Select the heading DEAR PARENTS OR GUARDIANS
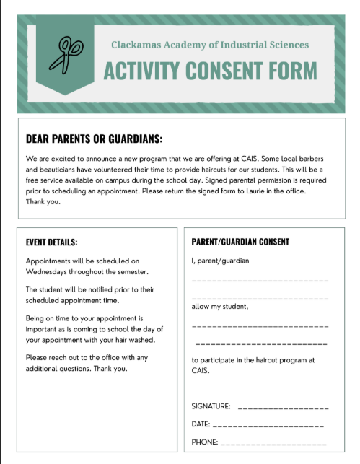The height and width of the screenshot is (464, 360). (x=94, y=139)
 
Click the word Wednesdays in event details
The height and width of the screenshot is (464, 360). (x=54, y=271)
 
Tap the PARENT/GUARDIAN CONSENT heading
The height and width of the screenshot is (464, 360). (x=240, y=242)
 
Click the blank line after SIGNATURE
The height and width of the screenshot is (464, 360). (x=283, y=408)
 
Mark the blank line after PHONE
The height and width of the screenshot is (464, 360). (x=273, y=443)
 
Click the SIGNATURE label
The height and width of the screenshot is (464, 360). (x=211, y=407)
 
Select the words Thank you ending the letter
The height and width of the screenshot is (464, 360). (x=43, y=202)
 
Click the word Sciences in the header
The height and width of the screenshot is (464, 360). (x=286, y=45)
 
